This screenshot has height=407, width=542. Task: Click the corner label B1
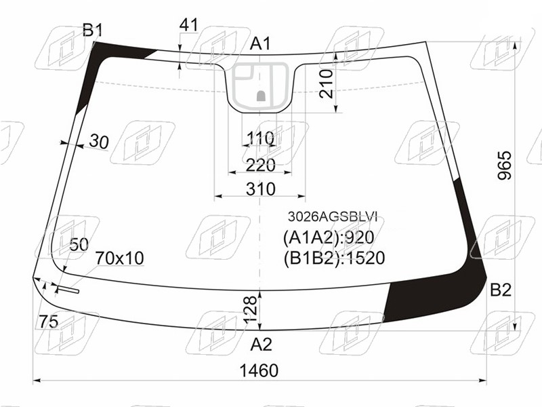(93, 31)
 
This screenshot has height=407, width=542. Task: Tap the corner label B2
(501, 290)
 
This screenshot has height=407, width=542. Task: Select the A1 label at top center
(261, 44)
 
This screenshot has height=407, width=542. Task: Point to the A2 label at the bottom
(261, 344)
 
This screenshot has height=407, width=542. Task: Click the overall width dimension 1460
(259, 370)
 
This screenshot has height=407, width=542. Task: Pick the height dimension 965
(504, 165)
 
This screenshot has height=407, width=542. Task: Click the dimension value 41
(189, 25)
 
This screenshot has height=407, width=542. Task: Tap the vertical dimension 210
(327, 83)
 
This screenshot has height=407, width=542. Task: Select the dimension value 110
(261, 138)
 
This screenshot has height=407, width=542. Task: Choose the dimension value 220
(261, 165)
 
